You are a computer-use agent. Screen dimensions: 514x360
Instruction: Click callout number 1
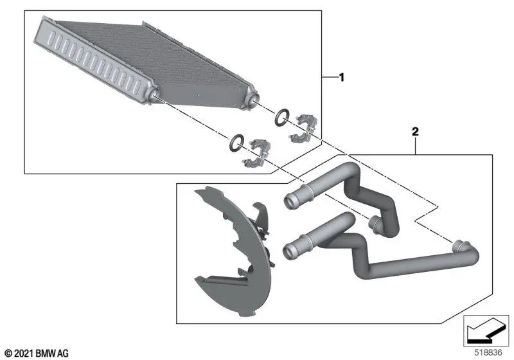tap(342, 78)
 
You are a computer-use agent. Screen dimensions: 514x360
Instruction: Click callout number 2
tap(415, 132)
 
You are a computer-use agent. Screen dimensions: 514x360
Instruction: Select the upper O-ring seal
tap(282, 117)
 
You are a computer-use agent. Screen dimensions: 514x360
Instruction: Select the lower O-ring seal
tap(236, 143)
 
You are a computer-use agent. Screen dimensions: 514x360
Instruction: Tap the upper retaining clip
tap(303, 128)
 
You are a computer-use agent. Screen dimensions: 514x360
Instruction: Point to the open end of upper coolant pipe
tap(290, 201)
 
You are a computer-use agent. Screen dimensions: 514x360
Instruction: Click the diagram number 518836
tap(488, 352)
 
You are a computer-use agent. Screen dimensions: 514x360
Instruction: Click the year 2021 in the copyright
tap(24, 353)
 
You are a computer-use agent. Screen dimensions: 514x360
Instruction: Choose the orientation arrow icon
tap(486, 330)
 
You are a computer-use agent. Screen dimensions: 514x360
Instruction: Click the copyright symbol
tap(9, 354)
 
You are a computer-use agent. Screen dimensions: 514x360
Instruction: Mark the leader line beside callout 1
tap(330, 76)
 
